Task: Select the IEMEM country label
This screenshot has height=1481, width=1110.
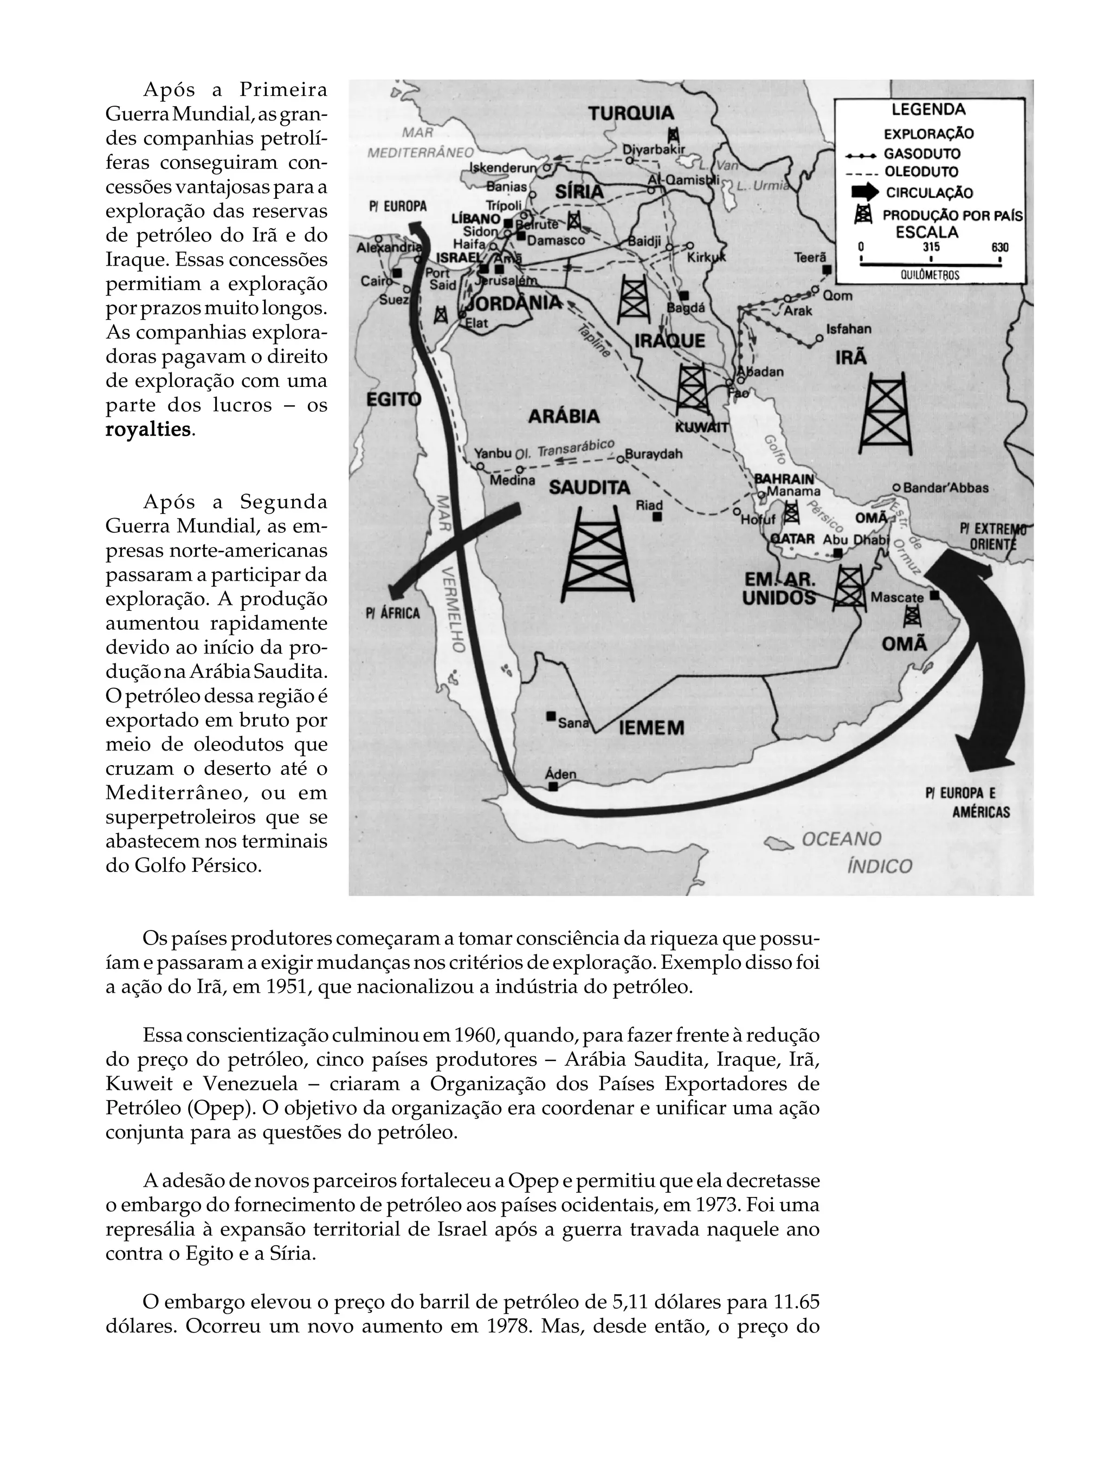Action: tap(651, 728)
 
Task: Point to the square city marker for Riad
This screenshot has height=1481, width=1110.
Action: tap(657, 518)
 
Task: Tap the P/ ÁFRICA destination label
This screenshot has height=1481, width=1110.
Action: tap(393, 613)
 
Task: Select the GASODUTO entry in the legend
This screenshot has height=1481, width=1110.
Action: tap(921, 154)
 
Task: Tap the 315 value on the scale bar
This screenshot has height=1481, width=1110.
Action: tap(931, 247)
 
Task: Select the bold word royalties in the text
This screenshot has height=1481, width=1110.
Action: tap(148, 429)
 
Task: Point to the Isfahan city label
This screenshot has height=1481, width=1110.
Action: tap(849, 329)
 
